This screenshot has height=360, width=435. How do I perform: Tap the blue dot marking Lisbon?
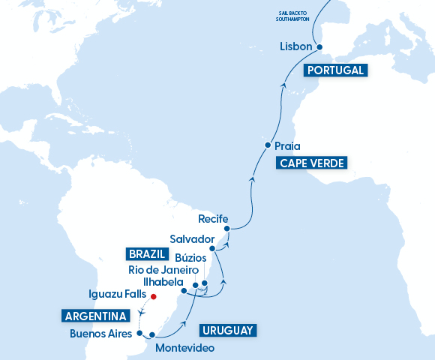[319, 46]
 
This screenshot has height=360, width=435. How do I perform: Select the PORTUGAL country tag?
[335, 70]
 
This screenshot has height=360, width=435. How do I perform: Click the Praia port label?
[288, 145]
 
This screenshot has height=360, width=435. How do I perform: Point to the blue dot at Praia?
[267, 145]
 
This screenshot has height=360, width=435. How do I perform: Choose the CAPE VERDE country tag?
[313, 163]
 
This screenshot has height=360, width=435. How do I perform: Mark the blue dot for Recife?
[226, 228]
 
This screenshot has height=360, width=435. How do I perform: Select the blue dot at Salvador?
[212, 247]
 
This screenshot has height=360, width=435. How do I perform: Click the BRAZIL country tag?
[146, 253]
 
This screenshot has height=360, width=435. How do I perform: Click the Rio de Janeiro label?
[162, 270]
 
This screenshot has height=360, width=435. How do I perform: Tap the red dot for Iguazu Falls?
[151, 296]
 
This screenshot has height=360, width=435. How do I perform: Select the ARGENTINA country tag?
[93, 314]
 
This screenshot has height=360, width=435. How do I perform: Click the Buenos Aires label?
[101, 333]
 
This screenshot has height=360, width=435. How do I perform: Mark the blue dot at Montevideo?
[152, 336]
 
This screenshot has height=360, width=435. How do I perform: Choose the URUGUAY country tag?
[228, 329]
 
